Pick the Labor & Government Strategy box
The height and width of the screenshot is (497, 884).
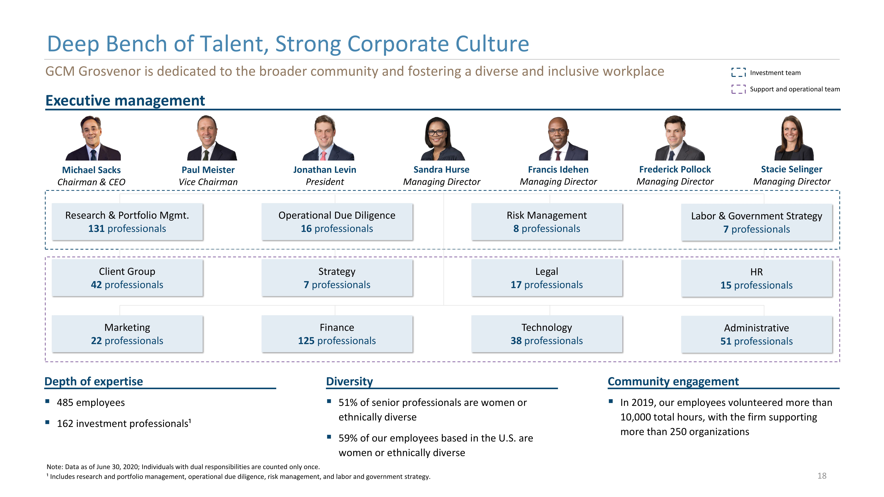(757, 222)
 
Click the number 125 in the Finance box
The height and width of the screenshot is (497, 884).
(306, 341)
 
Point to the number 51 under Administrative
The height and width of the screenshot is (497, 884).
(726, 341)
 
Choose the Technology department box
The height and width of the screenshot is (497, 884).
(547, 334)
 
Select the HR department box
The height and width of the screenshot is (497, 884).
(757, 278)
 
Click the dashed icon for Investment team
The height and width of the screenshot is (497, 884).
(738, 72)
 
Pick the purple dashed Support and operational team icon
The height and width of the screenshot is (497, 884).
(738, 89)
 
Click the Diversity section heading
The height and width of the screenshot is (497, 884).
(349, 381)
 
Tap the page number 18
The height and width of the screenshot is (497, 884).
(822, 476)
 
